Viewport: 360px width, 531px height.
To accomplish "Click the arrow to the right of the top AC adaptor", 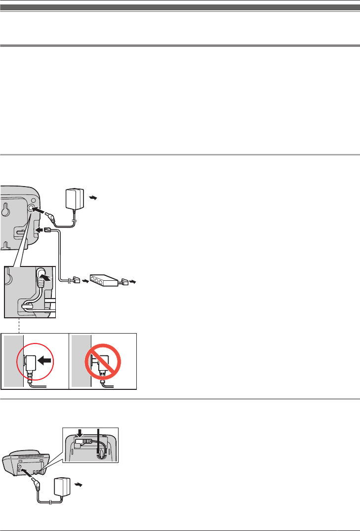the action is pos(92,198).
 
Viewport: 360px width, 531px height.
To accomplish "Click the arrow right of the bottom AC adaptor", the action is pos(78,485).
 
